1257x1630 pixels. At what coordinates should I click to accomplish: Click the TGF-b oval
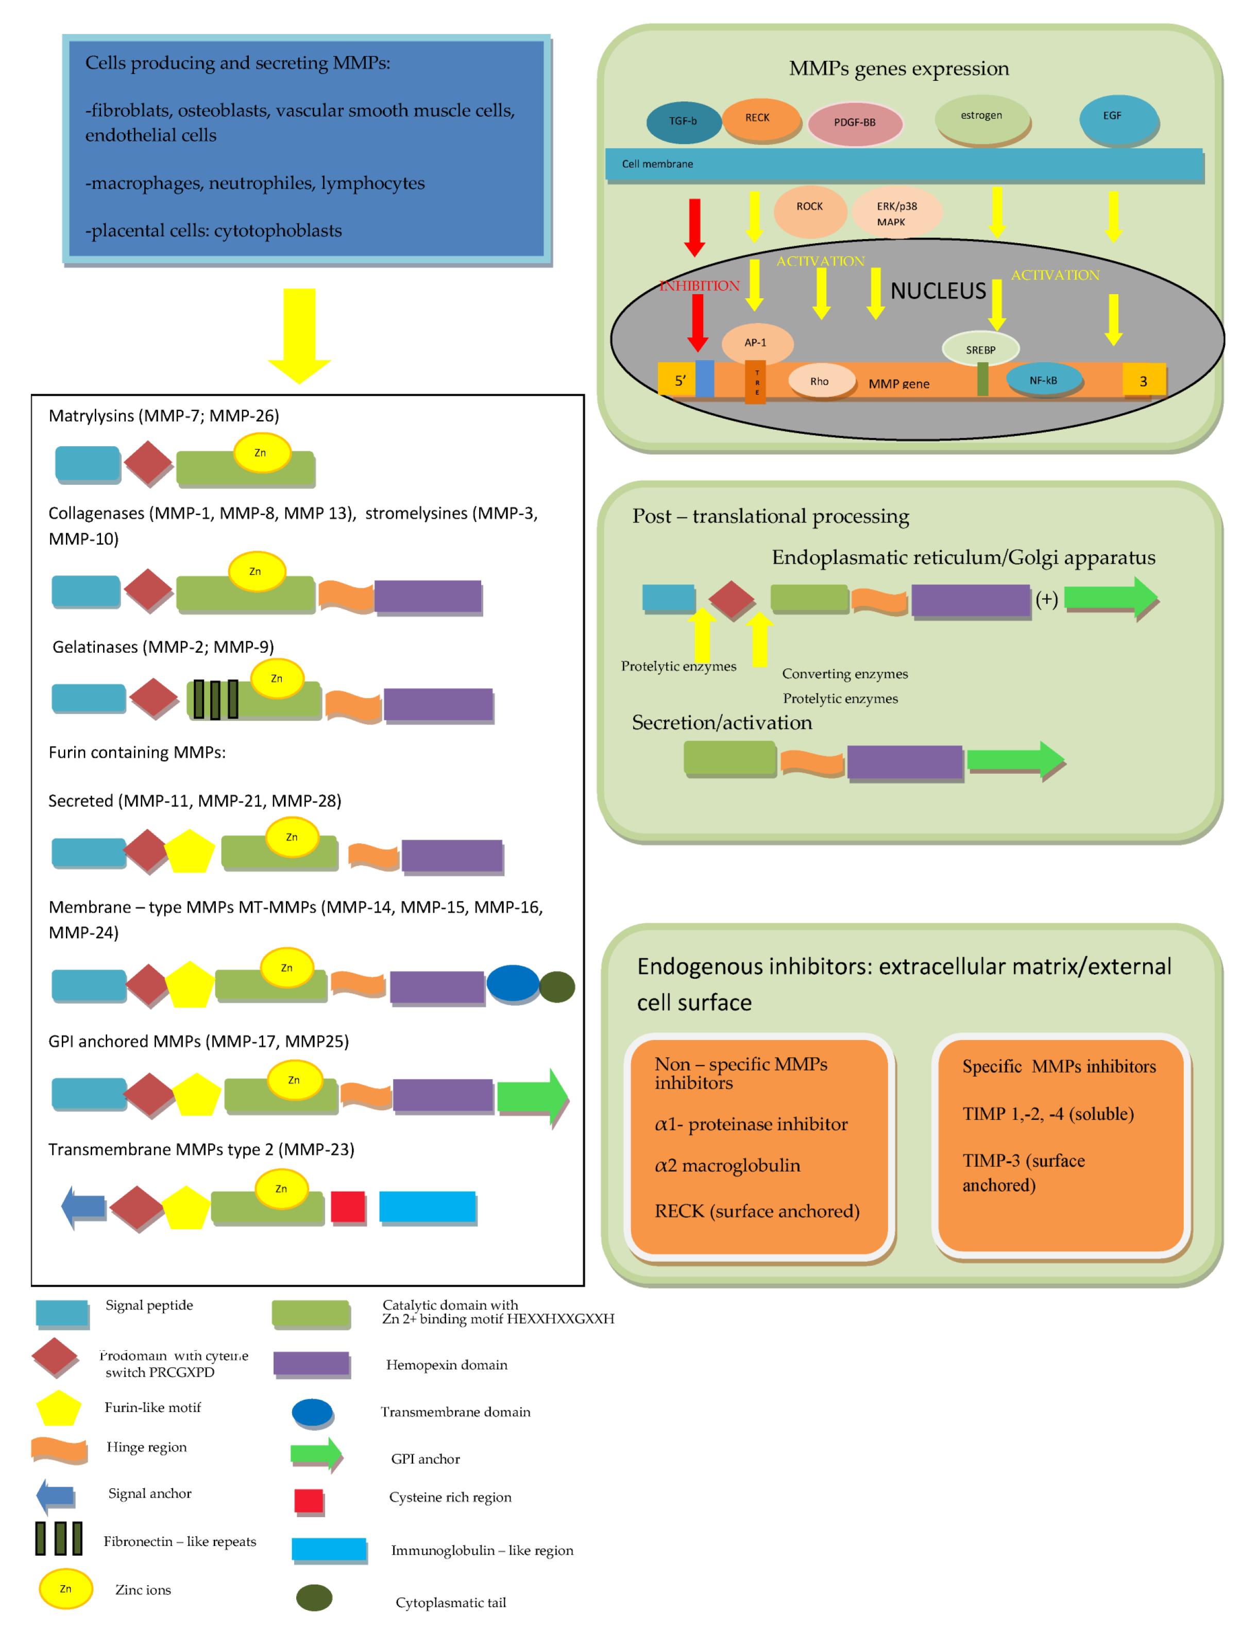[x=683, y=122]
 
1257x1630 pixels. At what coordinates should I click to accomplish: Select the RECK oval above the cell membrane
[x=760, y=118]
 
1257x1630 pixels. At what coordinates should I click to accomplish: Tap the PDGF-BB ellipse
[x=855, y=123]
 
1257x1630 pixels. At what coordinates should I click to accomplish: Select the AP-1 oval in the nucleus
[x=757, y=343]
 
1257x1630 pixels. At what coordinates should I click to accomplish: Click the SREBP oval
[x=980, y=349]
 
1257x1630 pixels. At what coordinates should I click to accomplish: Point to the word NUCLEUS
[x=938, y=291]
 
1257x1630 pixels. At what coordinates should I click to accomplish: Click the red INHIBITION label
[x=700, y=286]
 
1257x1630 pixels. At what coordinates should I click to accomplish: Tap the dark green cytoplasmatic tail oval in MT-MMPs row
[x=557, y=987]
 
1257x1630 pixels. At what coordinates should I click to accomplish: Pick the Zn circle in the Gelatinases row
[x=277, y=678]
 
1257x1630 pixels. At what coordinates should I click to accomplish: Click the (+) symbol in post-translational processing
[x=1046, y=599]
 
